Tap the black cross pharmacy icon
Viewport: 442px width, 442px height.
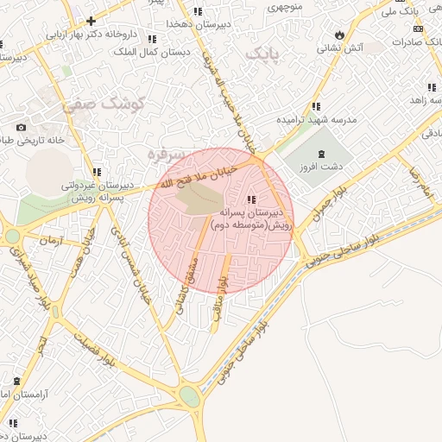pyautogui.click(x=91, y=20)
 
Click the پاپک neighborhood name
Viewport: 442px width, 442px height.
pyautogui.click(x=264, y=54)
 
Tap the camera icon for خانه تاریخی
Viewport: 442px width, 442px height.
pyautogui.click(x=21, y=128)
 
